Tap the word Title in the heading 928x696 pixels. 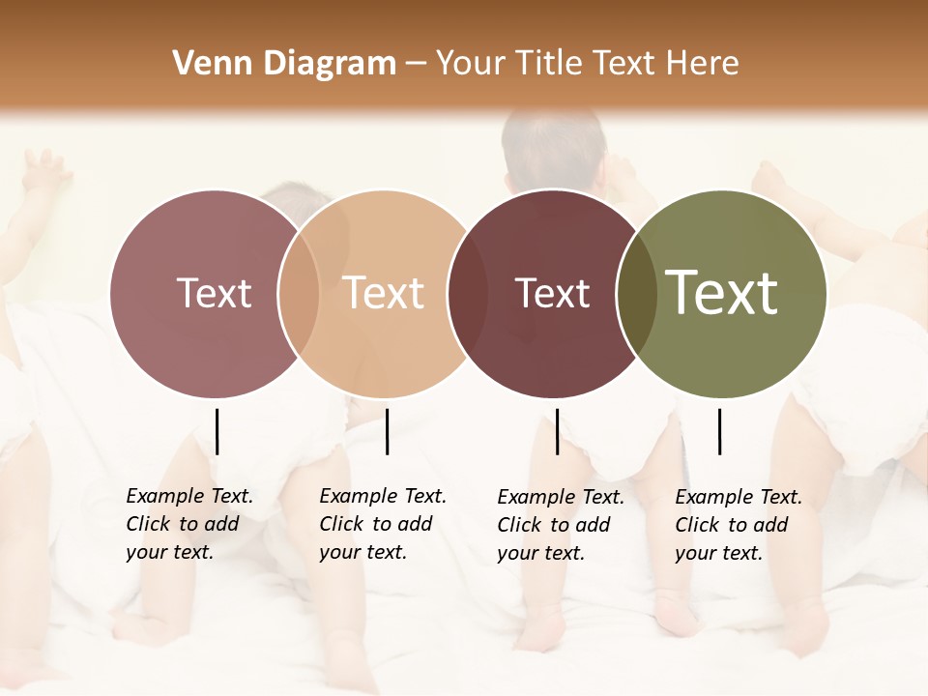(550, 64)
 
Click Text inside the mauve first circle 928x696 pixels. (215, 293)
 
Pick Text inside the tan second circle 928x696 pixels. (384, 293)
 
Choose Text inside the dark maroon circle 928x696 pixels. (553, 293)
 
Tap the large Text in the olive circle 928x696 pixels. (722, 293)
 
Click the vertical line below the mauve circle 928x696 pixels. (217, 431)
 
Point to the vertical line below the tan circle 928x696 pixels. (387, 431)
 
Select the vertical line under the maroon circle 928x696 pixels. (557, 431)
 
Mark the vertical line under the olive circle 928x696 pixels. (719, 431)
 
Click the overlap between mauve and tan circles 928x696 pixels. (299, 294)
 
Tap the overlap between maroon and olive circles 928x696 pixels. (637, 294)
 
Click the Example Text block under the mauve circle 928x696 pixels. (188, 524)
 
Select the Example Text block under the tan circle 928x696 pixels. (382, 524)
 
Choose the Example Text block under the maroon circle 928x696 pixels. (560, 525)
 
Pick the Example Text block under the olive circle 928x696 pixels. (738, 525)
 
